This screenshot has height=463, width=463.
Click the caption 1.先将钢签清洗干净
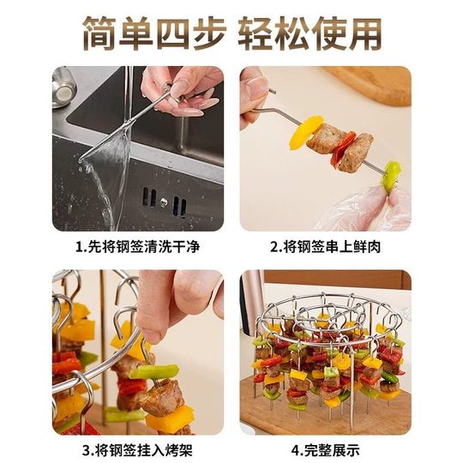coord(138,248)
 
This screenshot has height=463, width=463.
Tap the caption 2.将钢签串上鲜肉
coord(325,248)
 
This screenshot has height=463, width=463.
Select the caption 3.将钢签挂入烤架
coord(138,448)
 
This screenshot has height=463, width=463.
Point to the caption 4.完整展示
coord(325,448)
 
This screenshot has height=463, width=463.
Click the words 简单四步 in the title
coord(153,33)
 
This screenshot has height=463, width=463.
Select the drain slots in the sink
coord(163,203)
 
